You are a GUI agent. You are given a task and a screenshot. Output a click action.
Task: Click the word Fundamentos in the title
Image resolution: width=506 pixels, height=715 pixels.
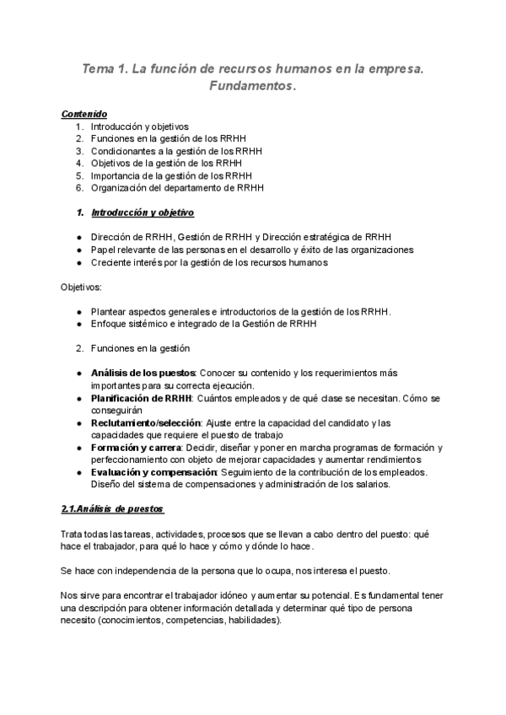(251, 87)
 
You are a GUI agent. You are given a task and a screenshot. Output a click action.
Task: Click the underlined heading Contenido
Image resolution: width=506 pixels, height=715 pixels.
(84, 114)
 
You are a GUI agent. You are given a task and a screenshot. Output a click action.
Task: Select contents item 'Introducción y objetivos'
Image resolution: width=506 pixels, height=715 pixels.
(140, 126)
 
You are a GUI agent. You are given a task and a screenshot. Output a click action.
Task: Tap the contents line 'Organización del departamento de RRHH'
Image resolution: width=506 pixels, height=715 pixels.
(177, 187)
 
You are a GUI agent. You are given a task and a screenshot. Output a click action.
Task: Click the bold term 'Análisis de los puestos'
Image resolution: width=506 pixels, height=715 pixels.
(143, 373)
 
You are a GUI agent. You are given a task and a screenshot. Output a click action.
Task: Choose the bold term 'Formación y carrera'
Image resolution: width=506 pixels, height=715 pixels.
(133, 447)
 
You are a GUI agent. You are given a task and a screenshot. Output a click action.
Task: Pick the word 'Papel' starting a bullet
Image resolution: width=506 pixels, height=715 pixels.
(103, 250)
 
